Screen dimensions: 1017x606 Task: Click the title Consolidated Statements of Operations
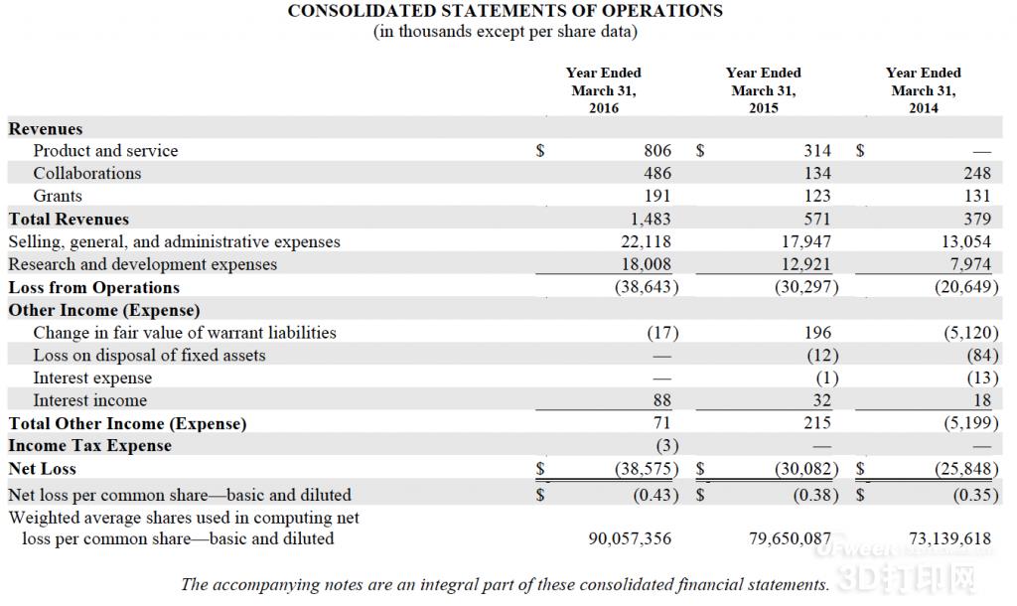(505, 11)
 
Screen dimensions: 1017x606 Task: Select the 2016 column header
(603, 90)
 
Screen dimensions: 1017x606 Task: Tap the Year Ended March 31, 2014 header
(923, 90)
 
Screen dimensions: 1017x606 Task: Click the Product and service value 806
(657, 151)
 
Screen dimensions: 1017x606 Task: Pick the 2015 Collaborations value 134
(817, 173)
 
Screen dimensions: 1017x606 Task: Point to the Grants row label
(58, 196)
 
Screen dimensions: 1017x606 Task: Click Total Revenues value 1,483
(651, 220)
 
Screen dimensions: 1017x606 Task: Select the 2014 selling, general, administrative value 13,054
(966, 242)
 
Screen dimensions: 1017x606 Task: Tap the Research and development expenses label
(143, 264)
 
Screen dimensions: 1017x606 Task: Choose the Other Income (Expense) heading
(104, 310)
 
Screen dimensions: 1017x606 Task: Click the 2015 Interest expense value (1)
(827, 378)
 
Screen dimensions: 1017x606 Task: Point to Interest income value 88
(662, 400)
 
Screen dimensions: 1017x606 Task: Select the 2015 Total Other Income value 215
(817, 423)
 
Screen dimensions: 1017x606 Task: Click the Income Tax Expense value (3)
(667, 446)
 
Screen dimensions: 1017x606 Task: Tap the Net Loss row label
(42, 469)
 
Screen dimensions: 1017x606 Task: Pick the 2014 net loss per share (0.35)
(975, 495)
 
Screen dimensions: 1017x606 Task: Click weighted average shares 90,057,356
(630, 538)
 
